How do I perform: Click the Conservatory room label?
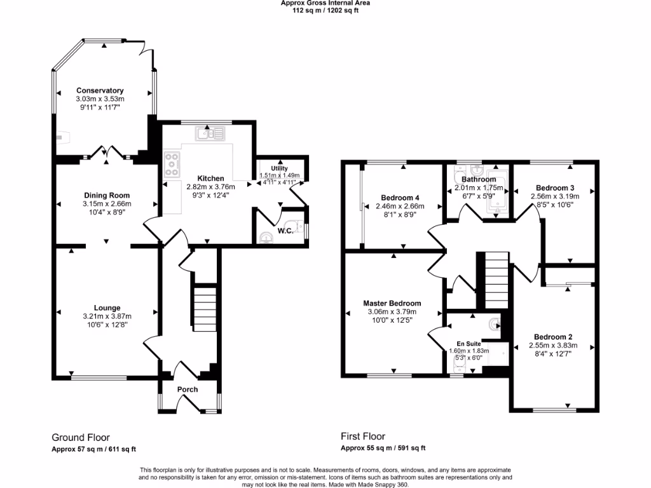[100, 91]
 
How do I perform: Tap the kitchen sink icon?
[210, 133]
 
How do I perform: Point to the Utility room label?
[280, 168]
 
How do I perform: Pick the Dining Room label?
[107, 196]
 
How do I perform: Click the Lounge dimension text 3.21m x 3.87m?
[107, 316]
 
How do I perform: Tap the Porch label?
[188, 390]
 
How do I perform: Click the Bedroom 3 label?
[555, 188]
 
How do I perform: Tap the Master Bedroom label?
[392, 304]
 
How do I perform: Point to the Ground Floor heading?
[81, 438]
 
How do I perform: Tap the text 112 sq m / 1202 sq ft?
[325, 10]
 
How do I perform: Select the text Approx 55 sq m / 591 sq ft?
[383, 449]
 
